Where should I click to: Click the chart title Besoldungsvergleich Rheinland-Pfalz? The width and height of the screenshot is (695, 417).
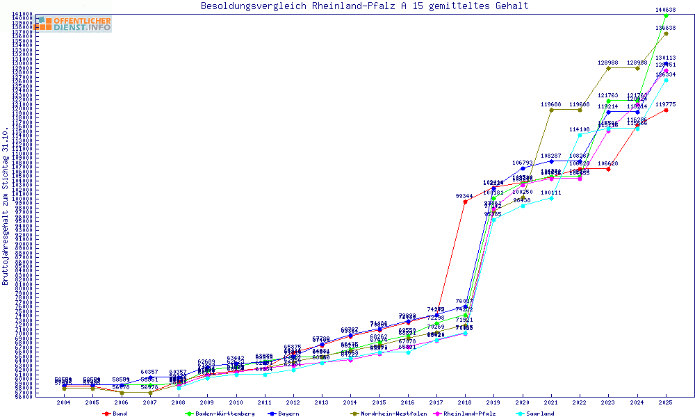(x=364, y=6)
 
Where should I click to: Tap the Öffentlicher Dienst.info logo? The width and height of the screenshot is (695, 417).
(x=74, y=24)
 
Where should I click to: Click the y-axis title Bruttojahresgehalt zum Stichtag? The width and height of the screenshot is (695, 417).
(x=6, y=206)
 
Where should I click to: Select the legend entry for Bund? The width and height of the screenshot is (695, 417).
(x=119, y=414)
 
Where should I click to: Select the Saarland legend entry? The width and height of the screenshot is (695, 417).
(x=539, y=414)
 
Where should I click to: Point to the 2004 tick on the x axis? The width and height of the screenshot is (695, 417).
(x=64, y=402)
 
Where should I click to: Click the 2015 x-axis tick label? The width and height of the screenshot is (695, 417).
(x=379, y=402)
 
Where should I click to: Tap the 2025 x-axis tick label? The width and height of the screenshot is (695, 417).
(x=666, y=402)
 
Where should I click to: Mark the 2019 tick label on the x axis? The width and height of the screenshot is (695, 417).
(x=493, y=402)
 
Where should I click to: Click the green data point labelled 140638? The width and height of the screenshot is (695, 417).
(x=666, y=15)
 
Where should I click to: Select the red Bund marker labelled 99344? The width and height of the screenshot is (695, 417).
(x=465, y=202)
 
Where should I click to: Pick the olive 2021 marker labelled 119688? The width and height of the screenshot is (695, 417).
(x=551, y=110)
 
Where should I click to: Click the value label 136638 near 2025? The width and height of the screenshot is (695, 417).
(x=666, y=28)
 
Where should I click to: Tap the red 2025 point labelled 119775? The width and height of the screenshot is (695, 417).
(x=666, y=110)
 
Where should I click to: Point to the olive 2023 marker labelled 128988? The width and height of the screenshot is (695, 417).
(x=608, y=68)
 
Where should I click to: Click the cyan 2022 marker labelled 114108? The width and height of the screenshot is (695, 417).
(x=580, y=135)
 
